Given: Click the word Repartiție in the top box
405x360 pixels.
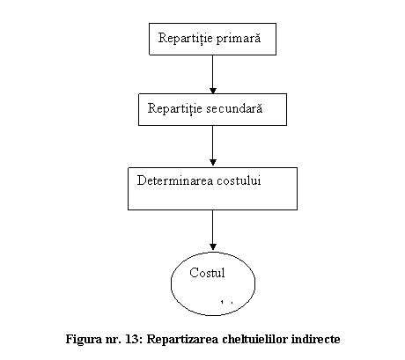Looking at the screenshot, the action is pyautogui.click(x=186, y=38).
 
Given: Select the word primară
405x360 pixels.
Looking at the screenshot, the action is pyautogui.click(x=239, y=38).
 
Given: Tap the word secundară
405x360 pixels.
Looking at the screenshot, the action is pyautogui.click(x=234, y=108).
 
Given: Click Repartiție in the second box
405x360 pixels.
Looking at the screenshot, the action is pyautogui.click(x=175, y=108).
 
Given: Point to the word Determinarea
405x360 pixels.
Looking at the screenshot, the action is pyautogui.click(x=175, y=180).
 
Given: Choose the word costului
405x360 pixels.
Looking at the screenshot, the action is pyautogui.click(x=239, y=180).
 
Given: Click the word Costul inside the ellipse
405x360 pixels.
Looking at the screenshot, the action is pyautogui.click(x=207, y=273).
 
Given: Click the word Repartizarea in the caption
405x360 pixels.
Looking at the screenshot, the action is pyautogui.click(x=182, y=340).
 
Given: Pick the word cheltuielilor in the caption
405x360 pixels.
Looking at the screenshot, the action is pyautogui.click(x=255, y=339).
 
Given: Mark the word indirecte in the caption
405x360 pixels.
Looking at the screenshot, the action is pyautogui.click(x=316, y=339).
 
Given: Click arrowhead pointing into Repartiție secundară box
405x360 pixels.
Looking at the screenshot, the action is pyautogui.click(x=213, y=91).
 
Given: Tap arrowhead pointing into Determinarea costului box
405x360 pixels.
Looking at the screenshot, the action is pyautogui.click(x=213, y=162).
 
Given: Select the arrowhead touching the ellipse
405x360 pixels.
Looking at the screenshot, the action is pyautogui.click(x=213, y=246).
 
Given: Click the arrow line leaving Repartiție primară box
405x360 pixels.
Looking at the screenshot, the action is pyautogui.click(x=213, y=74).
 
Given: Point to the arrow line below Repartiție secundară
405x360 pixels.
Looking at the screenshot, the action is pyautogui.click(x=213, y=145).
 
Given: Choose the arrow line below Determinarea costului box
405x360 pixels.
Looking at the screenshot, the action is pyautogui.click(x=213, y=230).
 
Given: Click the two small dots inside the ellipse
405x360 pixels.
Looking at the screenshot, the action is pyautogui.click(x=227, y=302).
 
